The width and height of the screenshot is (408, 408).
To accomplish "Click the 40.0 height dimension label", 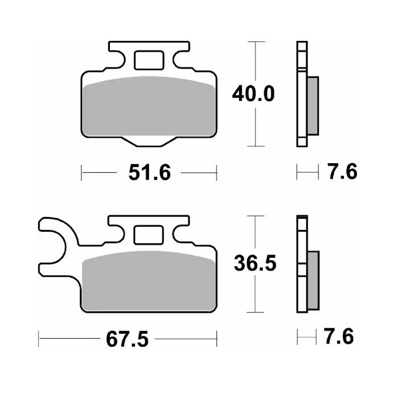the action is pyautogui.click(x=253, y=94).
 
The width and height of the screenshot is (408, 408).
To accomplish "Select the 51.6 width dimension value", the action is pyautogui.click(x=150, y=172).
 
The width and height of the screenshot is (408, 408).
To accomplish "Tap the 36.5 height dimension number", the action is pyautogui.click(x=255, y=263).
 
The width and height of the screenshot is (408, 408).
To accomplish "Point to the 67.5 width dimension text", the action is pyautogui.click(x=127, y=339).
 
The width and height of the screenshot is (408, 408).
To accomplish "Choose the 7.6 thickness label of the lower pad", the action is pyautogui.click(x=339, y=336).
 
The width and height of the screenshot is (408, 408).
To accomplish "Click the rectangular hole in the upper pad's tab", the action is pyautogui.click(x=149, y=61).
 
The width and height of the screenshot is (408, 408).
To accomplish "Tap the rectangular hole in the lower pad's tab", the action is pyautogui.click(x=148, y=235).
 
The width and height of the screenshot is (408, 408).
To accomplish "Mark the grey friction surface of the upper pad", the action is pyautogui.click(x=149, y=106).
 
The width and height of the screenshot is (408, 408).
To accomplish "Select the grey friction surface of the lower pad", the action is pyautogui.click(x=149, y=281).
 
